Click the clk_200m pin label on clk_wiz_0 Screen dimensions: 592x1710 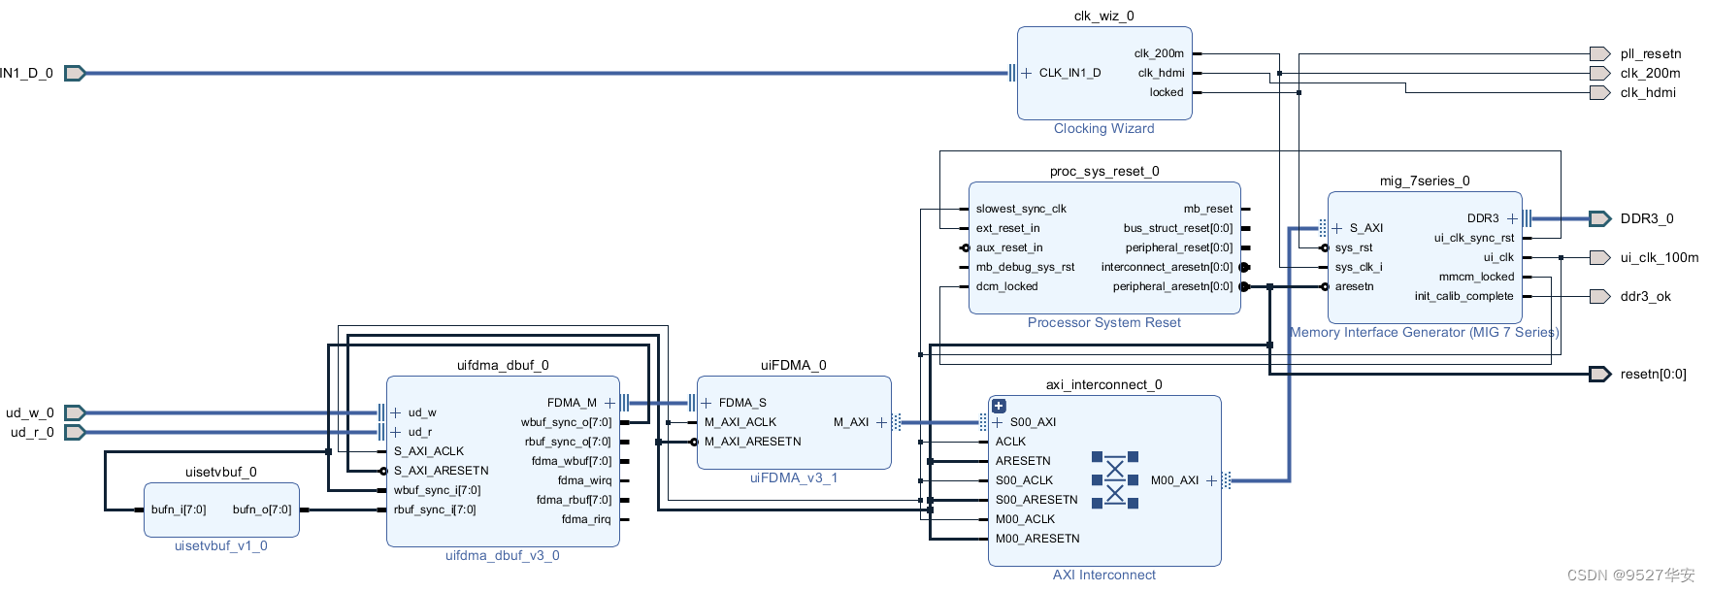click(x=1159, y=53)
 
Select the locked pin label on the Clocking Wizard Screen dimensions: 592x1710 click(x=1167, y=92)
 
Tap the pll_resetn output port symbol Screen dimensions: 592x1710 click(x=1599, y=53)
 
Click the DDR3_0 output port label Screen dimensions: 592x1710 click(x=1647, y=218)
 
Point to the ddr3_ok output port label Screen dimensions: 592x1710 click(x=1645, y=296)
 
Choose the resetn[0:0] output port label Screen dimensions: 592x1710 click(x=1653, y=374)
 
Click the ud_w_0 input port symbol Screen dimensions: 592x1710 click(x=75, y=412)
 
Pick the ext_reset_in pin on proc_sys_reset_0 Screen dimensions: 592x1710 click(x=1007, y=228)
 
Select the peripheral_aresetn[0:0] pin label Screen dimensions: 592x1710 click(x=1172, y=286)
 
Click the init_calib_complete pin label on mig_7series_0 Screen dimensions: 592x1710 click(x=1463, y=296)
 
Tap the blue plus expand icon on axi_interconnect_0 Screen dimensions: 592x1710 click(x=999, y=406)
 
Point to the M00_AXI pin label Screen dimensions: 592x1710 click(x=1174, y=480)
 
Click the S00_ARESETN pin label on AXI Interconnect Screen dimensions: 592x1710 click(x=1036, y=500)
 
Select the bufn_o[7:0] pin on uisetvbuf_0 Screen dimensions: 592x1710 click(x=262, y=510)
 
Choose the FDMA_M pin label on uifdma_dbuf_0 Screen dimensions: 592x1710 click(x=572, y=403)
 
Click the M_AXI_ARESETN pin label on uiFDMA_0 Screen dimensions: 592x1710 click(x=753, y=442)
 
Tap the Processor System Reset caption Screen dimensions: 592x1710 click(x=1104, y=322)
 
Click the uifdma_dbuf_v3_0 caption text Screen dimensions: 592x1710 click(x=502, y=555)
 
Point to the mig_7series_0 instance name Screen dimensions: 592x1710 click(x=1424, y=181)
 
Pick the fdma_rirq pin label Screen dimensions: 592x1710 click(x=586, y=519)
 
